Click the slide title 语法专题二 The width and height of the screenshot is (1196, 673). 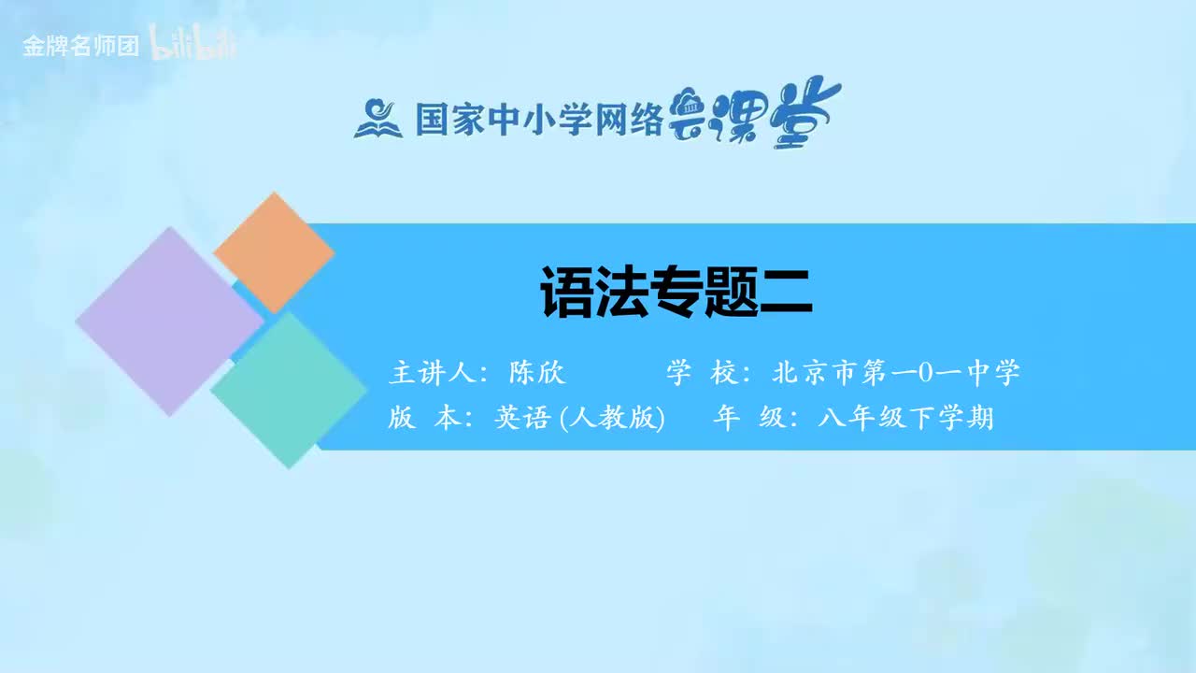(x=676, y=292)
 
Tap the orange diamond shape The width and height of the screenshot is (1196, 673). (x=274, y=252)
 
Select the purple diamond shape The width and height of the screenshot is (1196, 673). (x=169, y=321)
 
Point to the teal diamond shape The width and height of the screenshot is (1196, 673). (x=289, y=390)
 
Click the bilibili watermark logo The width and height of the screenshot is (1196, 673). (x=193, y=46)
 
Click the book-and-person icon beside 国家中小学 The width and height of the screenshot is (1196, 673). (x=377, y=119)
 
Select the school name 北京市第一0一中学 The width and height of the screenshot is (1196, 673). (x=896, y=373)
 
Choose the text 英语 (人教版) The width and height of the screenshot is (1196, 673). (x=578, y=419)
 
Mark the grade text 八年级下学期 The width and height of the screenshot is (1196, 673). (x=904, y=419)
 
